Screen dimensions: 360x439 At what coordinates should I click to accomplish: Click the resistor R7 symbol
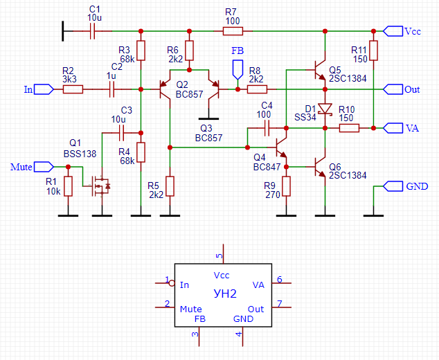231,31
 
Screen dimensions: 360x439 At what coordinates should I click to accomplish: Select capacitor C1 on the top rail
94,31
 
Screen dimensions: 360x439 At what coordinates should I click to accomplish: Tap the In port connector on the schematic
43,89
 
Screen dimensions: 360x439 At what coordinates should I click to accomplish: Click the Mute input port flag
43,167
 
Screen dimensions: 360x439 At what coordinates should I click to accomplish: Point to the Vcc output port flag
393,31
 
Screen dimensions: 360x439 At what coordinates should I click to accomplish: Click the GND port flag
393,186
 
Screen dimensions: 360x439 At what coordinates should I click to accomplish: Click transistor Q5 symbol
320,71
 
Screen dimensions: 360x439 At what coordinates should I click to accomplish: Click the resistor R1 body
68,186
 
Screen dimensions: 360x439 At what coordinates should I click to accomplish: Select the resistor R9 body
286,186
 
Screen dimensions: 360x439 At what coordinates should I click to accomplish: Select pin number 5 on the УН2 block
220,255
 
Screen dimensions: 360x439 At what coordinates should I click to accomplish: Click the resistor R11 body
373,51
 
